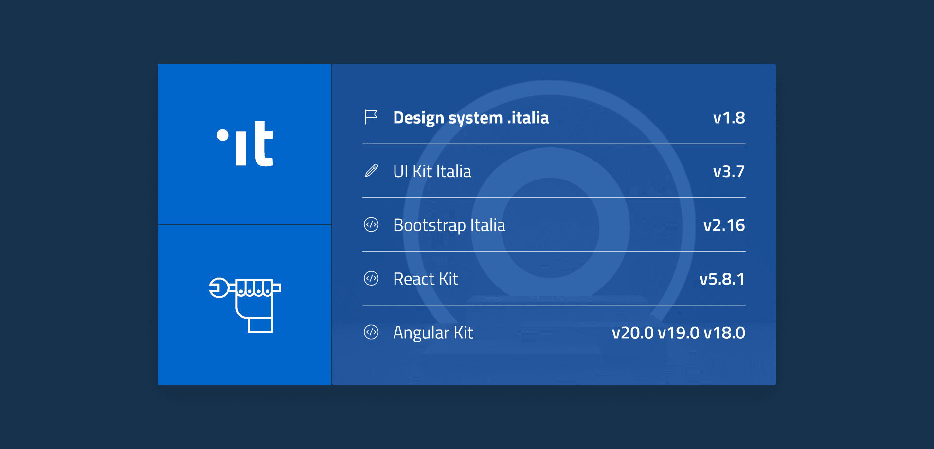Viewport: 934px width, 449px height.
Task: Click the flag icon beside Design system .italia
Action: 371,117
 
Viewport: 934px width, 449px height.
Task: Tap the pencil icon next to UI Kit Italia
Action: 371,171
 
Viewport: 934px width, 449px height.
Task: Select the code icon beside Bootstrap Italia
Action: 371,225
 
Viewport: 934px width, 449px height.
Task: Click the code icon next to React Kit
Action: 371,278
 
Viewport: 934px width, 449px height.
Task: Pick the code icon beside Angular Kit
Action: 371,332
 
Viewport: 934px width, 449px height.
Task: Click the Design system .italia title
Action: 471,118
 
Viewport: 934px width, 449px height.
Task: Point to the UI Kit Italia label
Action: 432,171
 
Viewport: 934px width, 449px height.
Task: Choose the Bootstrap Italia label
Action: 449,226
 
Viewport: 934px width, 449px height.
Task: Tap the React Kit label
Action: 426,279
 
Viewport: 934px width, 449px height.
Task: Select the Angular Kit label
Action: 433,333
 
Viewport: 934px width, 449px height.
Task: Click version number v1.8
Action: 729,118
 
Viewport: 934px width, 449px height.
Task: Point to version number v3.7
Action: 729,172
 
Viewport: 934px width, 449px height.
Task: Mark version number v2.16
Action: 724,225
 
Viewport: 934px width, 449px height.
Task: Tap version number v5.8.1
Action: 722,279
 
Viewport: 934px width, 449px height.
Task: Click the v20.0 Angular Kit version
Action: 633,333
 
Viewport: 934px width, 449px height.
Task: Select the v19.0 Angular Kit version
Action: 679,333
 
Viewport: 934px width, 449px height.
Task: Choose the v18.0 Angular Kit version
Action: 724,333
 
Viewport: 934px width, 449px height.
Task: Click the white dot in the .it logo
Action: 223,135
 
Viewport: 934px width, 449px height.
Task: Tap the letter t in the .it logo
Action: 263,144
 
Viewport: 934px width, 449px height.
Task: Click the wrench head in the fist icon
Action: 218,287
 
